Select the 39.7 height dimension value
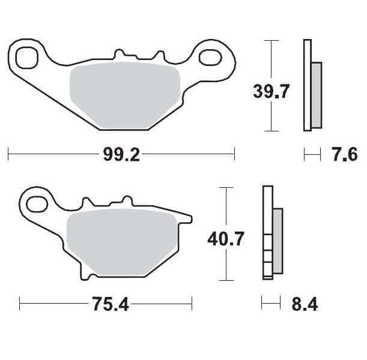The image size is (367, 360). (x=271, y=92)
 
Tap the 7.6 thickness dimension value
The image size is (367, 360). (x=344, y=155)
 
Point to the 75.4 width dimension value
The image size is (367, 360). (x=111, y=304)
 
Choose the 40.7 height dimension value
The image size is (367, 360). (x=225, y=239)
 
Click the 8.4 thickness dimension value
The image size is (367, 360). (x=303, y=304)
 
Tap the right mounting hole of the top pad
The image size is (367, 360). (x=210, y=58)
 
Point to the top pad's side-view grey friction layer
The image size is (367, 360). (x=317, y=95)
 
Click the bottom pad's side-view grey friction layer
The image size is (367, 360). (x=278, y=240)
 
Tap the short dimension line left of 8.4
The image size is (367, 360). (x=271, y=304)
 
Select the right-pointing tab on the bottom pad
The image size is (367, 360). (x=186, y=218)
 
